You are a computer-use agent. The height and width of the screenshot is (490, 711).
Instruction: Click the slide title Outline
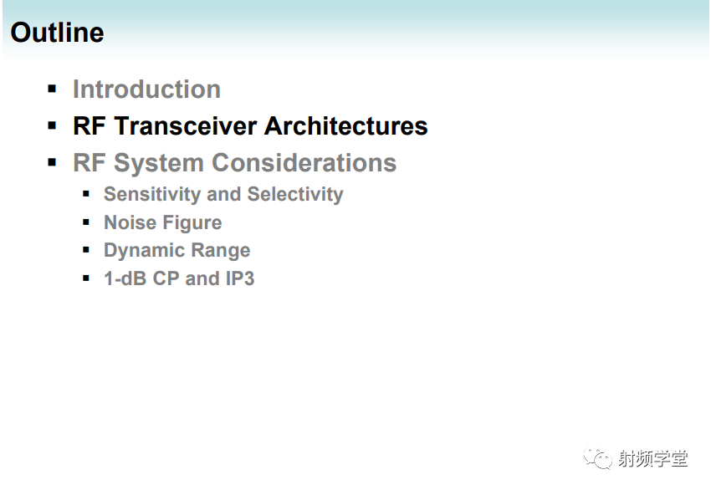tap(57, 33)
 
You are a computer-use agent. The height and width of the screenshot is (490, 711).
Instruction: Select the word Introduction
tap(147, 89)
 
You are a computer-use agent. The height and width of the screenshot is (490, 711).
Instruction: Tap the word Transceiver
tap(186, 125)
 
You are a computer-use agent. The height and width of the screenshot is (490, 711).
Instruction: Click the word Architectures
tap(346, 125)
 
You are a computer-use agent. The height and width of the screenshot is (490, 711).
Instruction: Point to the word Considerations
tap(304, 163)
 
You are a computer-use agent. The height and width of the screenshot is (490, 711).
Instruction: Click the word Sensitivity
tap(152, 195)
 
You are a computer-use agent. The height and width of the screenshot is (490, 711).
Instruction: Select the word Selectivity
tap(295, 195)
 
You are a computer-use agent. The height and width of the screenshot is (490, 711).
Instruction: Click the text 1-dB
tap(125, 278)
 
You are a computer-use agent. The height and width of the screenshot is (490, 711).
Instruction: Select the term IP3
tap(240, 278)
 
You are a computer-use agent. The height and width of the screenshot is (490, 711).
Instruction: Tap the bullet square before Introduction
tap(52, 89)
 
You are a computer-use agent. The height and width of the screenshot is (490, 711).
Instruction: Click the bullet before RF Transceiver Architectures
tap(52, 125)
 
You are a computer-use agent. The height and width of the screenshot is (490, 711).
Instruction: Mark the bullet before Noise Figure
tap(86, 222)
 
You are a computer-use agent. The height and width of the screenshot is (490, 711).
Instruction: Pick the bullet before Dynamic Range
tap(86, 250)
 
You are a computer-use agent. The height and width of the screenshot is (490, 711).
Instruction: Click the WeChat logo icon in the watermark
tap(597, 458)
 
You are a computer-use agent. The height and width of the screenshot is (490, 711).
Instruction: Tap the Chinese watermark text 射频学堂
tap(653, 459)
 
